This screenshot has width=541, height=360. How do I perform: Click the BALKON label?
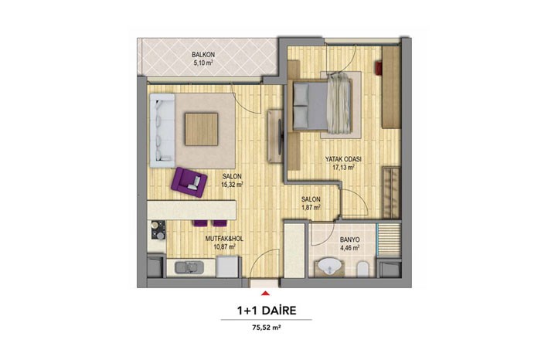point(203,55)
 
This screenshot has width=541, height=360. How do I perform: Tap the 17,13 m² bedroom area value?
point(343,167)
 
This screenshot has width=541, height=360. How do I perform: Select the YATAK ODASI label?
point(343,159)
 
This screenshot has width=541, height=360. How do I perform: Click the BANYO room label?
point(350,239)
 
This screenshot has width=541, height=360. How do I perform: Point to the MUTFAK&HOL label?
point(224,239)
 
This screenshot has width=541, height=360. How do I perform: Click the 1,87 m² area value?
point(311,207)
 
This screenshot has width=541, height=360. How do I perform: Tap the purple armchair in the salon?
point(189,182)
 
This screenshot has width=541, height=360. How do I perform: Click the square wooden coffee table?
point(202,129)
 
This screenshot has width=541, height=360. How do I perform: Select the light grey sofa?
point(162,131)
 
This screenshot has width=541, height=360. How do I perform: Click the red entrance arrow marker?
point(265,293)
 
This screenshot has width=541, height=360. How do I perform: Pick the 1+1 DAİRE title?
point(267,311)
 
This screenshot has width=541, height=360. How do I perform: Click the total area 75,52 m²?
point(267,328)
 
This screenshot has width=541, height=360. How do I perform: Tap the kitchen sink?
point(189,267)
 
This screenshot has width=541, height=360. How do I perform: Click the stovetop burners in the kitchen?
point(158,230)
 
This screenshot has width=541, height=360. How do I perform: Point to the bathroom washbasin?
point(330,267)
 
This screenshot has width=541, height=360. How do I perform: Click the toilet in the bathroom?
point(362,269)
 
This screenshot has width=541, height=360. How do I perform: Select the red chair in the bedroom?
point(379,67)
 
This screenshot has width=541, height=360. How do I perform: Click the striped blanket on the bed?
point(339,105)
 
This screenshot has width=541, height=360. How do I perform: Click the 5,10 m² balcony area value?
point(203,63)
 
